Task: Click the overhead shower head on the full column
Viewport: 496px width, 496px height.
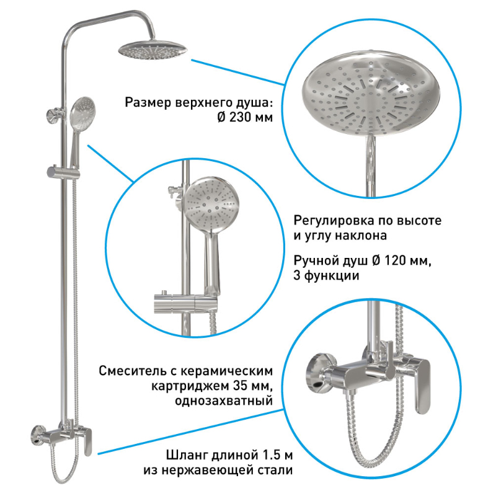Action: [x=153, y=50]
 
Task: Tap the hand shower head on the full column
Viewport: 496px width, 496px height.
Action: [x=82, y=113]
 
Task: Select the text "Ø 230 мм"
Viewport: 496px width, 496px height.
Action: [x=245, y=117]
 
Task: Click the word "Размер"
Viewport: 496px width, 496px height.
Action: [x=148, y=103]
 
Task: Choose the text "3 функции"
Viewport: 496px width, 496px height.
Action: [x=326, y=275]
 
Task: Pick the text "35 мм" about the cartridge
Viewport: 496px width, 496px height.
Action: [x=253, y=386]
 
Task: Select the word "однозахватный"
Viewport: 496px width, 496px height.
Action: [x=224, y=401]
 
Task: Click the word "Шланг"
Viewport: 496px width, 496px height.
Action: [x=187, y=455]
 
